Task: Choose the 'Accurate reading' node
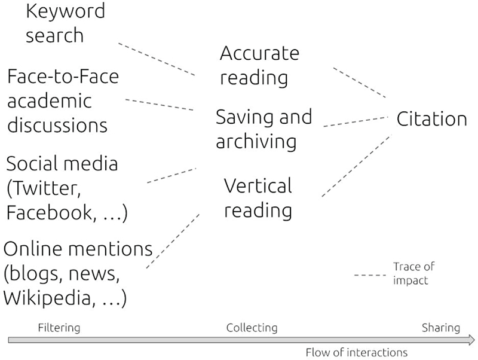click(259, 65)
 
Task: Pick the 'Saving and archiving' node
click(263, 129)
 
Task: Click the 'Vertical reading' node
click(258, 197)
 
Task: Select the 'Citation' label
click(431, 118)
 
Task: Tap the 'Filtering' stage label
click(59, 328)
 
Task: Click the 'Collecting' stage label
click(252, 328)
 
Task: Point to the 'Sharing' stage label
click(441, 328)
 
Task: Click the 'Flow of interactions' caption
click(356, 352)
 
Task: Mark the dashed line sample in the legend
click(369, 275)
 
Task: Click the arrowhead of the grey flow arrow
click(471, 340)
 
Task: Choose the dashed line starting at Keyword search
click(157, 59)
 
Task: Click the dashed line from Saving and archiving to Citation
click(356, 121)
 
